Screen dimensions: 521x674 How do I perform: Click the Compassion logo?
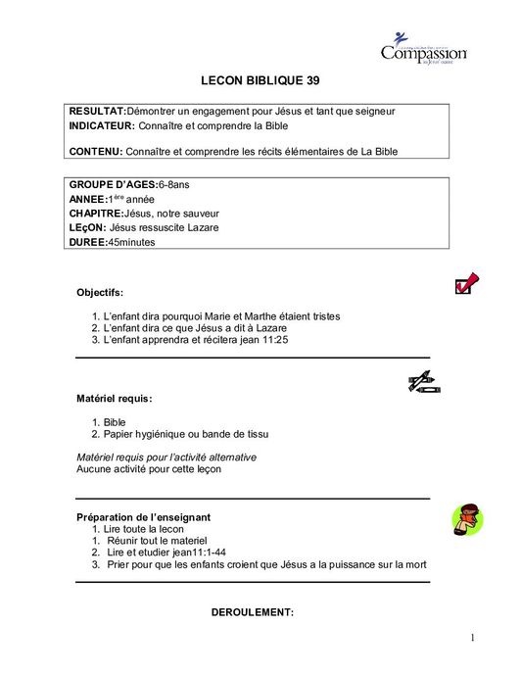[x=423, y=50]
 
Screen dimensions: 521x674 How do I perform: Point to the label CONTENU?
[x=96, y=151]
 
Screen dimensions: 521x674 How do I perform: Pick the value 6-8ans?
[x=174, y=184]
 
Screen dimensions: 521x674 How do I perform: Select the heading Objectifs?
[x=100, y=292]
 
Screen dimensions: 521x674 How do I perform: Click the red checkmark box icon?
[x=466, y=285]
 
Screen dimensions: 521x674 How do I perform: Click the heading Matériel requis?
[x=114, y=399]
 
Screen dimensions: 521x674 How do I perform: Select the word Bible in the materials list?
[x=115, y=422]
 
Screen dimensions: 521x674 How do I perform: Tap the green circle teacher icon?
[x=466, y=519]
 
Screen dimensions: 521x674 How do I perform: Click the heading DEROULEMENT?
[x=253, y=612]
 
